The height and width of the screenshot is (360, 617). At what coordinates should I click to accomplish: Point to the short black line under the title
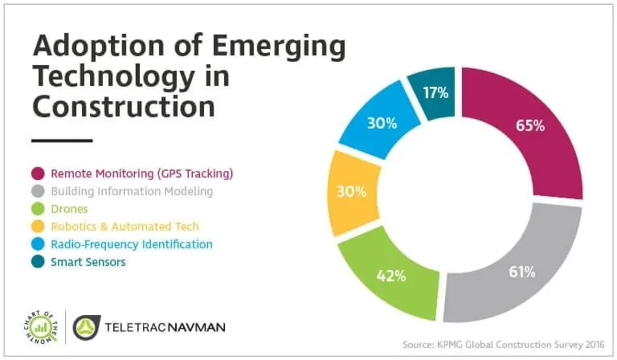click(62, 141)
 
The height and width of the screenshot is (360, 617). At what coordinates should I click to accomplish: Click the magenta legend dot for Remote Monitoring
click(37, 174)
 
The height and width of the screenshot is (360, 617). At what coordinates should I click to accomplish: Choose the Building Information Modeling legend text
click(132, 192)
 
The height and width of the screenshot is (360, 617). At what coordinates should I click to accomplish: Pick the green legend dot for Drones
click(37, 210)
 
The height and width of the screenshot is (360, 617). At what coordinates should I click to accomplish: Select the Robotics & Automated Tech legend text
click(125, 227)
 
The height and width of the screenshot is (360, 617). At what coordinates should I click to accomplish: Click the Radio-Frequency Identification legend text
click(131, 245)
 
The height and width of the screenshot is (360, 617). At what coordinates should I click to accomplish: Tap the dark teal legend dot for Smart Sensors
click(37, 262)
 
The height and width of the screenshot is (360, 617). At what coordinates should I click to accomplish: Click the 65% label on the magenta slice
click(530, 127)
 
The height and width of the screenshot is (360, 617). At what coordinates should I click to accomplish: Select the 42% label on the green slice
click(391, 276)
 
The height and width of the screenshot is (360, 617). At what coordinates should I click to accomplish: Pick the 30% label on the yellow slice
click(351, 192)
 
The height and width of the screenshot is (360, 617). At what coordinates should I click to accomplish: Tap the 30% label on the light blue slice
click(382, 124)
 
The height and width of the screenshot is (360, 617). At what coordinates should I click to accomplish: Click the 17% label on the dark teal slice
click(436, 93)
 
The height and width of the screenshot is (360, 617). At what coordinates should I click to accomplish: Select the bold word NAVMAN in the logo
click(195, 328)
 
